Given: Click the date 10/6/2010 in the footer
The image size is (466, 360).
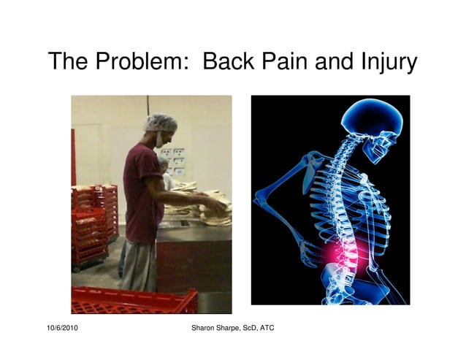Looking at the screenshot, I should [61, 329].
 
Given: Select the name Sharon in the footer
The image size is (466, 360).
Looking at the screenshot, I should [204, 329].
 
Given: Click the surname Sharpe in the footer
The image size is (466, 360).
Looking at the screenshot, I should [233, 329].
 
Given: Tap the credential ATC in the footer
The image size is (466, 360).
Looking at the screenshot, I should [267, 329].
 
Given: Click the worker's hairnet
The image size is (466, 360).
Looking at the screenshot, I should [161, 122].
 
